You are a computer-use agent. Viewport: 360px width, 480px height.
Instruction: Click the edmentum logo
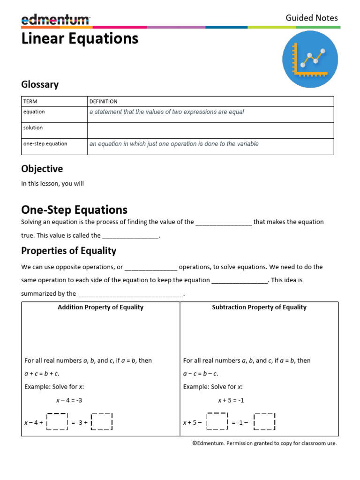[x=55, y=19]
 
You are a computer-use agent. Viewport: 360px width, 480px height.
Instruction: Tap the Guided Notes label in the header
[x=312, y=18]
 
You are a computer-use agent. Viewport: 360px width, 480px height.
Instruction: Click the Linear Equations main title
[x=80, y=38]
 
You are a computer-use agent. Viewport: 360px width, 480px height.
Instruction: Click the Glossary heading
[x=40, y=84]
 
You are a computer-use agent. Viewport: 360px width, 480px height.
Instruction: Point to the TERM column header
[x=30, y=101]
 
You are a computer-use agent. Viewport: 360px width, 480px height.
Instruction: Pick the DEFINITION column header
[x=104, y=101]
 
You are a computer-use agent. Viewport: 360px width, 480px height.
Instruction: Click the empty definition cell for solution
[x=210, y=130]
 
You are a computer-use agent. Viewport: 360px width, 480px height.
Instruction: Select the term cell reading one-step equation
[x=45, y=144]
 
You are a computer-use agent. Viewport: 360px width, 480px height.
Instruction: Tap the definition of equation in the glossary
[x=166, y=112]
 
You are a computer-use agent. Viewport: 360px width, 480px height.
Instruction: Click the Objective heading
[x=42, y=169]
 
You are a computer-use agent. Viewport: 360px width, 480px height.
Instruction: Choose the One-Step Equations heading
[x=74, y=210]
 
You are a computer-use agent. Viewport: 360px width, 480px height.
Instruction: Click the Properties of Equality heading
[x=68, y=251]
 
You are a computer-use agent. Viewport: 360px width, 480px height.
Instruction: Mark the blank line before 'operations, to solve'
[x=151, y=268]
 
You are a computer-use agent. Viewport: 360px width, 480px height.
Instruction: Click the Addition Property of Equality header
[x=100, y=307]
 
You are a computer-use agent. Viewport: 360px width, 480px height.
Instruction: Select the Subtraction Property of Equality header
[x=259, y=307]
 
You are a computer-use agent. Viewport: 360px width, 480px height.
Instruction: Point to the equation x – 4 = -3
[x=69, y=400]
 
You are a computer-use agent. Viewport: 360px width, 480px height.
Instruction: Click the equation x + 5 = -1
[x=231, y=400]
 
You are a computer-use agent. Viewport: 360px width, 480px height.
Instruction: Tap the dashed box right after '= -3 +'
[x=102, y=422]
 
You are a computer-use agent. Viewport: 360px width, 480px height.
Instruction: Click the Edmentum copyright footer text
[x=264, y=443]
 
